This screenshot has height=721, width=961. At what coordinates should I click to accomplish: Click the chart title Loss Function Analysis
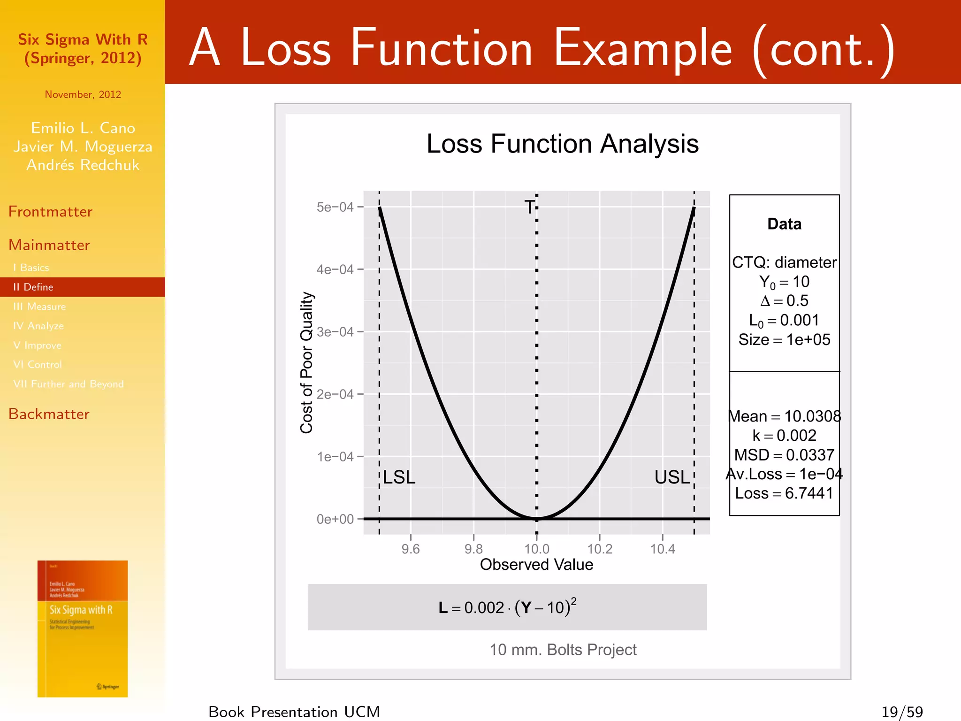click(562, 144)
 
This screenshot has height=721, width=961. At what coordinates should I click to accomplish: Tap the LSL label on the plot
click(399, 477)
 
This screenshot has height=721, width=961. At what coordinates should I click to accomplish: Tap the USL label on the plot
click(672, 477)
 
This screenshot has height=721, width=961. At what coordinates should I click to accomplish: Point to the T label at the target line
click(530, 207)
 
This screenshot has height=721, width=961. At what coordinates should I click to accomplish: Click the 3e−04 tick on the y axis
click(335, 332)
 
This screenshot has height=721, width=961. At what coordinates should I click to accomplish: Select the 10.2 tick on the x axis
click(600, 549)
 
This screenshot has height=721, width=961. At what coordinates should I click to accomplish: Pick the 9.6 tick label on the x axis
click(411, 549)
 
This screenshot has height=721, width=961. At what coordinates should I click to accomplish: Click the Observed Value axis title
click(536, 565)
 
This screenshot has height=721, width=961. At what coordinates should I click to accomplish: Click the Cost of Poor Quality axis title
click(306, 362)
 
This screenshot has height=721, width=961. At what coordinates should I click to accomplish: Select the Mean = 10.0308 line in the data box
click(784, 416)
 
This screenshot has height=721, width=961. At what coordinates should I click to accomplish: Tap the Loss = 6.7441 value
click(784, 493)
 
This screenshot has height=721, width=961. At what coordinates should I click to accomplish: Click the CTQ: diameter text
click(784, 262)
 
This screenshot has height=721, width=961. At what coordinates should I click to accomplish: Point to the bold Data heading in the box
click(784, 224)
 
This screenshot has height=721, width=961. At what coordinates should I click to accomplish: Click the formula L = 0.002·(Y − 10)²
click(507, 607)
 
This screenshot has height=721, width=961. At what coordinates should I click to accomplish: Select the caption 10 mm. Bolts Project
click(563, 650)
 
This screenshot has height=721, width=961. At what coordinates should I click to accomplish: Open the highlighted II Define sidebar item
click(33, 287)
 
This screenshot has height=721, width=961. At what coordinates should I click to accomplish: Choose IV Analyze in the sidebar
click(38, 326)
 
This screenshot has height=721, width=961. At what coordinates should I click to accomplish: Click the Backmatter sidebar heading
click(49, 414)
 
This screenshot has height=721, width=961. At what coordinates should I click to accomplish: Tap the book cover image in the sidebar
click(83, 629)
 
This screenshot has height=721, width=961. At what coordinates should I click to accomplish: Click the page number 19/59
click(901, 712)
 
